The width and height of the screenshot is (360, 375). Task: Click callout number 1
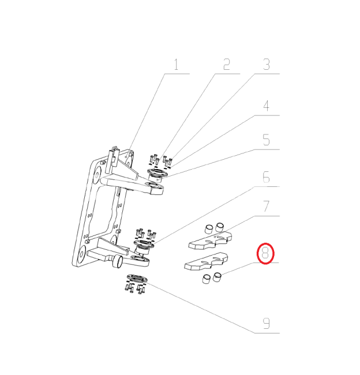point(177,65)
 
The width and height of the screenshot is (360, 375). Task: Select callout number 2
point(227,65)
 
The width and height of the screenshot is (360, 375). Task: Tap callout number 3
point(266,65)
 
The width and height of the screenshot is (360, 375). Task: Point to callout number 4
point(266,106)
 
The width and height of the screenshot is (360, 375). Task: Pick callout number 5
point(266,140)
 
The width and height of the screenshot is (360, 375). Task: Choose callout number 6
point(266,177)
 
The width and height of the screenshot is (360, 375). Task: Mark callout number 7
point(266,207)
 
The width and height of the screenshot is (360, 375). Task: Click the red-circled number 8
point(265,253)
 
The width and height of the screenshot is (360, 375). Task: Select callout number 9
point(266,323)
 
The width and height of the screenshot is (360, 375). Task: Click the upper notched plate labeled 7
point(211,240)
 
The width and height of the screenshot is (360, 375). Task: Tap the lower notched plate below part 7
point(206,261)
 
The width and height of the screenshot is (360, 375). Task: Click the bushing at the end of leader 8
point(217,277)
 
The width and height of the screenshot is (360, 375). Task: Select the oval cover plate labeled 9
point(137,279)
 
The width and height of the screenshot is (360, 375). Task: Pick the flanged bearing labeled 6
point(144,246)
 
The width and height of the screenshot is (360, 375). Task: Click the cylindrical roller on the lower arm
point(117,261)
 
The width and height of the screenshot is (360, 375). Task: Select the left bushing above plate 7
point(209,229)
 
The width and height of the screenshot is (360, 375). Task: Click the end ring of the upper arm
point(155,188)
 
